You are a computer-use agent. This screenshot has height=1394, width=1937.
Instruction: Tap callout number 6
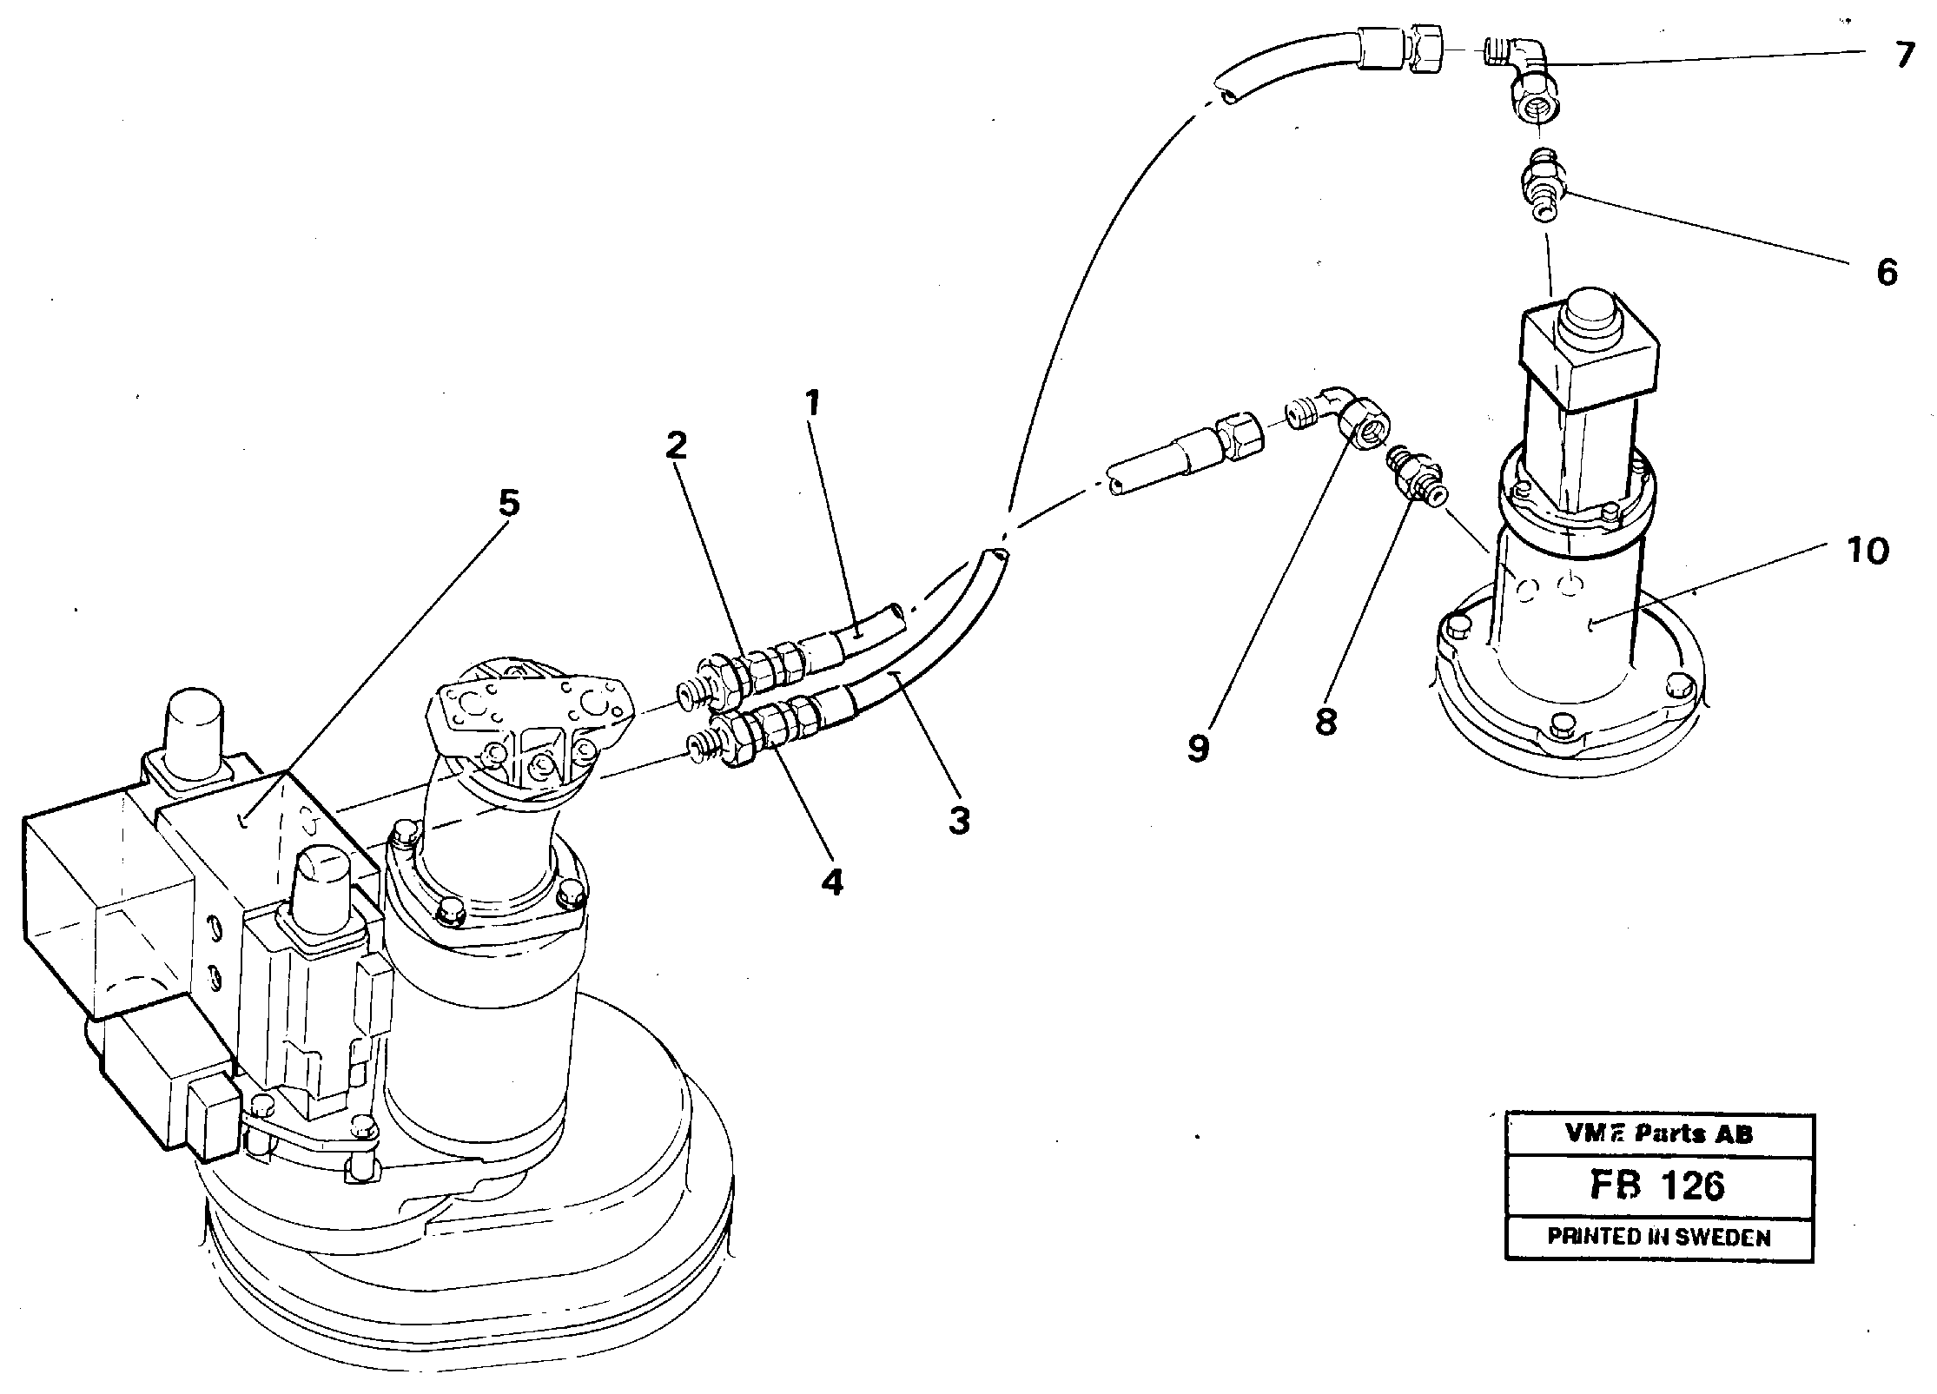[x=1886, y=272]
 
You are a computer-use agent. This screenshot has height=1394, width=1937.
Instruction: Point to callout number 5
[x=508, y=503]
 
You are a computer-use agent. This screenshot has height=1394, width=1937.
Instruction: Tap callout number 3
[x=958, y=819]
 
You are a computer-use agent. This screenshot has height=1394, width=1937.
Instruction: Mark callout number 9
[x=1199, y=748]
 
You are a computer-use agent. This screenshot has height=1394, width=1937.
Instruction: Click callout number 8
[x=1325, y=721]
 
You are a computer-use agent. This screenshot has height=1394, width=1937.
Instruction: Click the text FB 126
[x=1658, y=1186]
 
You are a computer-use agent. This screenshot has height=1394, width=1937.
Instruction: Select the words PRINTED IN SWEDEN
[x=1658, y=1238]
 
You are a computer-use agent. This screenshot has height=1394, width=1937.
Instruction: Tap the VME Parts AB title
[x=1658, y=1133]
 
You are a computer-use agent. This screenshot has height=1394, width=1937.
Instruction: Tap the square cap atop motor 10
[x=1589, y=352]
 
